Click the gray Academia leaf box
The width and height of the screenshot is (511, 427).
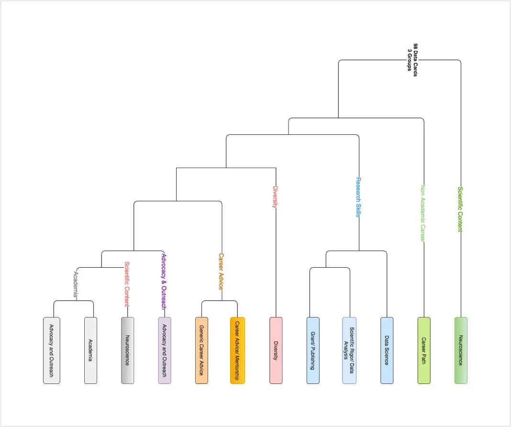coord(90,350)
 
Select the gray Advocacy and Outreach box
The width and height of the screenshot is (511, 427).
coord(52,350)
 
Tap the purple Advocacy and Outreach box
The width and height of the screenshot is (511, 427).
coord(165,350)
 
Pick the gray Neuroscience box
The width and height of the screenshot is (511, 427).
coord(127,350)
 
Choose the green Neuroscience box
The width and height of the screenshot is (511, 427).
coord(461,350)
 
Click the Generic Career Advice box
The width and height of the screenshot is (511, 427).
coord(201,350)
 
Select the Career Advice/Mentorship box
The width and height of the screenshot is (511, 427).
coord(237,350)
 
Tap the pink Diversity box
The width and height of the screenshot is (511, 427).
coord(276,350)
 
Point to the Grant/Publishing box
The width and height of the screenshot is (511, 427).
coord(312,350)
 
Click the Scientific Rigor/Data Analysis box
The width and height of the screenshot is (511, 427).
coord(349,350)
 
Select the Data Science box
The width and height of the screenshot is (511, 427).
coord(387,350)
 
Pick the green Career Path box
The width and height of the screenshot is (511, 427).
coord(424,350)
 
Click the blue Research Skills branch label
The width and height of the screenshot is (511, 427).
coord(358,197)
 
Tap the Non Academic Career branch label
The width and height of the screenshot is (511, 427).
coord(422,213)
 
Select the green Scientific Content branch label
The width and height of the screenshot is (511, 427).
coord(460,209)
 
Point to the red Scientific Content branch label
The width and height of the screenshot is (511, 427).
coord(127,284)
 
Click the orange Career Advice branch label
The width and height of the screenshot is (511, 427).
coord(221,271)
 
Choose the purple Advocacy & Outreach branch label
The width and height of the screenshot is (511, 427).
coord(164,281)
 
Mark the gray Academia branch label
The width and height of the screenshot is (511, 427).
coord(75,284)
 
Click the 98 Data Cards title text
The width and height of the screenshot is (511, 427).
coord(412,57)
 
